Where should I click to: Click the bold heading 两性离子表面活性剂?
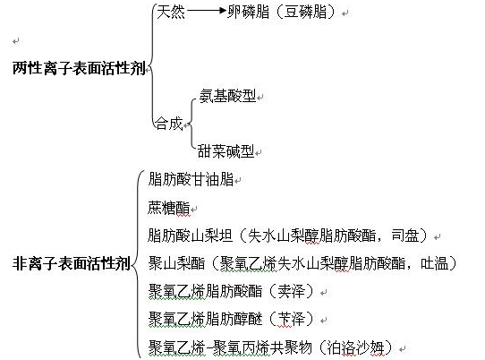tap(79, 68)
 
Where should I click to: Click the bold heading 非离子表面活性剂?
tap(72, 264)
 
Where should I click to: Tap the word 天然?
tap(171, 12)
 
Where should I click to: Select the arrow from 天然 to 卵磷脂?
tap(207, 11)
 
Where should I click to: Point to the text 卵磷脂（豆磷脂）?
tap(282, 12)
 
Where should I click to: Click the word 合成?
tap(169, 124)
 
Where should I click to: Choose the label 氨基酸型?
tap(227, 96)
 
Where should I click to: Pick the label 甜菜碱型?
tap(225, 151)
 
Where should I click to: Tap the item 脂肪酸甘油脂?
tap(191, 179)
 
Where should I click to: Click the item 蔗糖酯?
tap(168, 207)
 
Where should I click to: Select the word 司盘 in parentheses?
tap(405, 236)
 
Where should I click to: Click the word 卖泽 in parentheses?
tap(292, 291)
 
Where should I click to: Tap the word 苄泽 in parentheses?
tap(292, 319)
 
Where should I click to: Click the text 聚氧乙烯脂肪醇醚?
tap(206, 319)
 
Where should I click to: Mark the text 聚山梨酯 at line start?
tap(176, 263)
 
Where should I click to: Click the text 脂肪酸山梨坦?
tap(190, 236)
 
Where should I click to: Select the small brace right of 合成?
tap(191, 124)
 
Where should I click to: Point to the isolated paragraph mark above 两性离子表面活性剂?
tap(16, 41)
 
